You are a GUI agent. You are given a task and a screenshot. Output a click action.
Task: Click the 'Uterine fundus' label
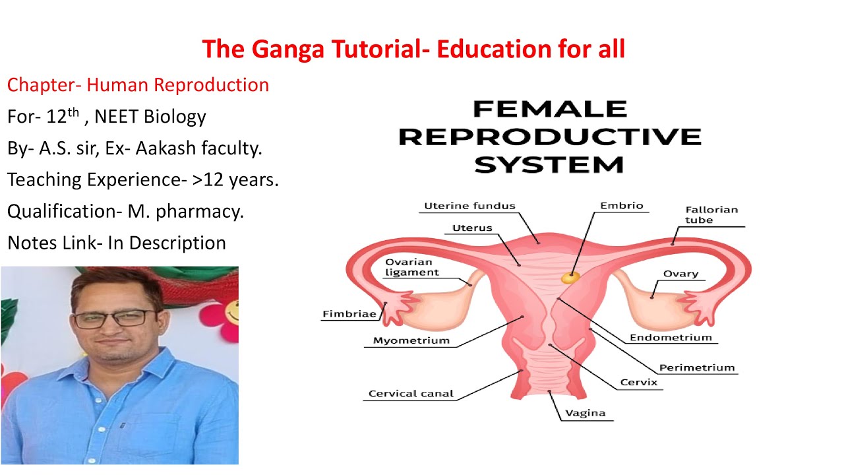coord(469,206)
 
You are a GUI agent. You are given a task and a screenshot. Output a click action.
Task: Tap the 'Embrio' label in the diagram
coord(621,206)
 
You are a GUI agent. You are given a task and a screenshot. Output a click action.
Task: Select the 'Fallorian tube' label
coord(711,215)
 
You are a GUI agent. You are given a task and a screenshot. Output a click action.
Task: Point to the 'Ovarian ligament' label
coord(412,267)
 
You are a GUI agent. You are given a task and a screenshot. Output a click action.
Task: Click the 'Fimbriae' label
coord(349,314)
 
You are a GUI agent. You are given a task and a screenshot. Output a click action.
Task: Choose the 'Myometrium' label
coord(411,341)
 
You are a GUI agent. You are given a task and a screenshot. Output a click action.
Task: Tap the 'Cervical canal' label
coord(411,394)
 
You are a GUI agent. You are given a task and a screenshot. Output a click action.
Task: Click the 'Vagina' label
coord(585,414)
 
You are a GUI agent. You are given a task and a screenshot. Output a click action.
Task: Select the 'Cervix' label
coord(638,383)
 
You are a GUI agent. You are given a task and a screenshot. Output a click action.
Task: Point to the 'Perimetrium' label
coord(697,368)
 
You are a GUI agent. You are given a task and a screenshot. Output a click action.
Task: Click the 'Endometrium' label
coord(671,338)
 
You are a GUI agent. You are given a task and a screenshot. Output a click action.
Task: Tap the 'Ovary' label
coord(680,274)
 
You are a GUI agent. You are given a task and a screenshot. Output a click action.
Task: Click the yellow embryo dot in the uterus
coord(569,278)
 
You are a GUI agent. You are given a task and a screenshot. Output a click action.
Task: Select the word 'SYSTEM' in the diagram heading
coord(549,164)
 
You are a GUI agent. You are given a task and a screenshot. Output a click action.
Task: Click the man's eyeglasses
coord(113,319)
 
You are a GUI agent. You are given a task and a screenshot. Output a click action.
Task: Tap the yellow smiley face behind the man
coord(231,310)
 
